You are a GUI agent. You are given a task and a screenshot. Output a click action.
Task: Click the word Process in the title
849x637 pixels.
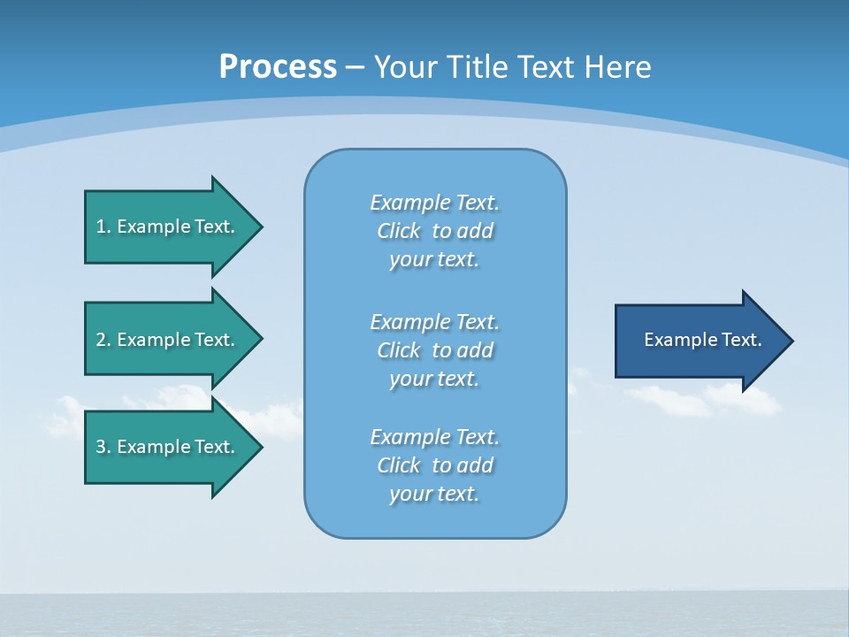pos(278,67)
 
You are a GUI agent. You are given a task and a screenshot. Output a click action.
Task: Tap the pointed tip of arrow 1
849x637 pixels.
pos(260,226)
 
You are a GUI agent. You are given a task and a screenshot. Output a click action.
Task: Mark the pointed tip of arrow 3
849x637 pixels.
pos(260,447)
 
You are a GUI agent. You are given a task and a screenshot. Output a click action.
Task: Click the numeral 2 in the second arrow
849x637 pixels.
pos(101,340)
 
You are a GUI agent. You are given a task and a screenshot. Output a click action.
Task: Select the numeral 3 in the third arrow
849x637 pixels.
pos(101,447)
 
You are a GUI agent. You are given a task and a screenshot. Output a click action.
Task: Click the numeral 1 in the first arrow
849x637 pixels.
pos(101,226)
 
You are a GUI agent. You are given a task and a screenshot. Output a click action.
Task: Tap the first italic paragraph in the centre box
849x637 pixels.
pos(434,231)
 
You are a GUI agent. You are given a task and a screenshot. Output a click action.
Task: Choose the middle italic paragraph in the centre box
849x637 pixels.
pos(434,349)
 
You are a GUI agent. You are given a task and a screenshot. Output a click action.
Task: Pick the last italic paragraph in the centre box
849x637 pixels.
pos(434,465)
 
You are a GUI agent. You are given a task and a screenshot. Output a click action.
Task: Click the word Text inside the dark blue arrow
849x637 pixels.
pos(742,340)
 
